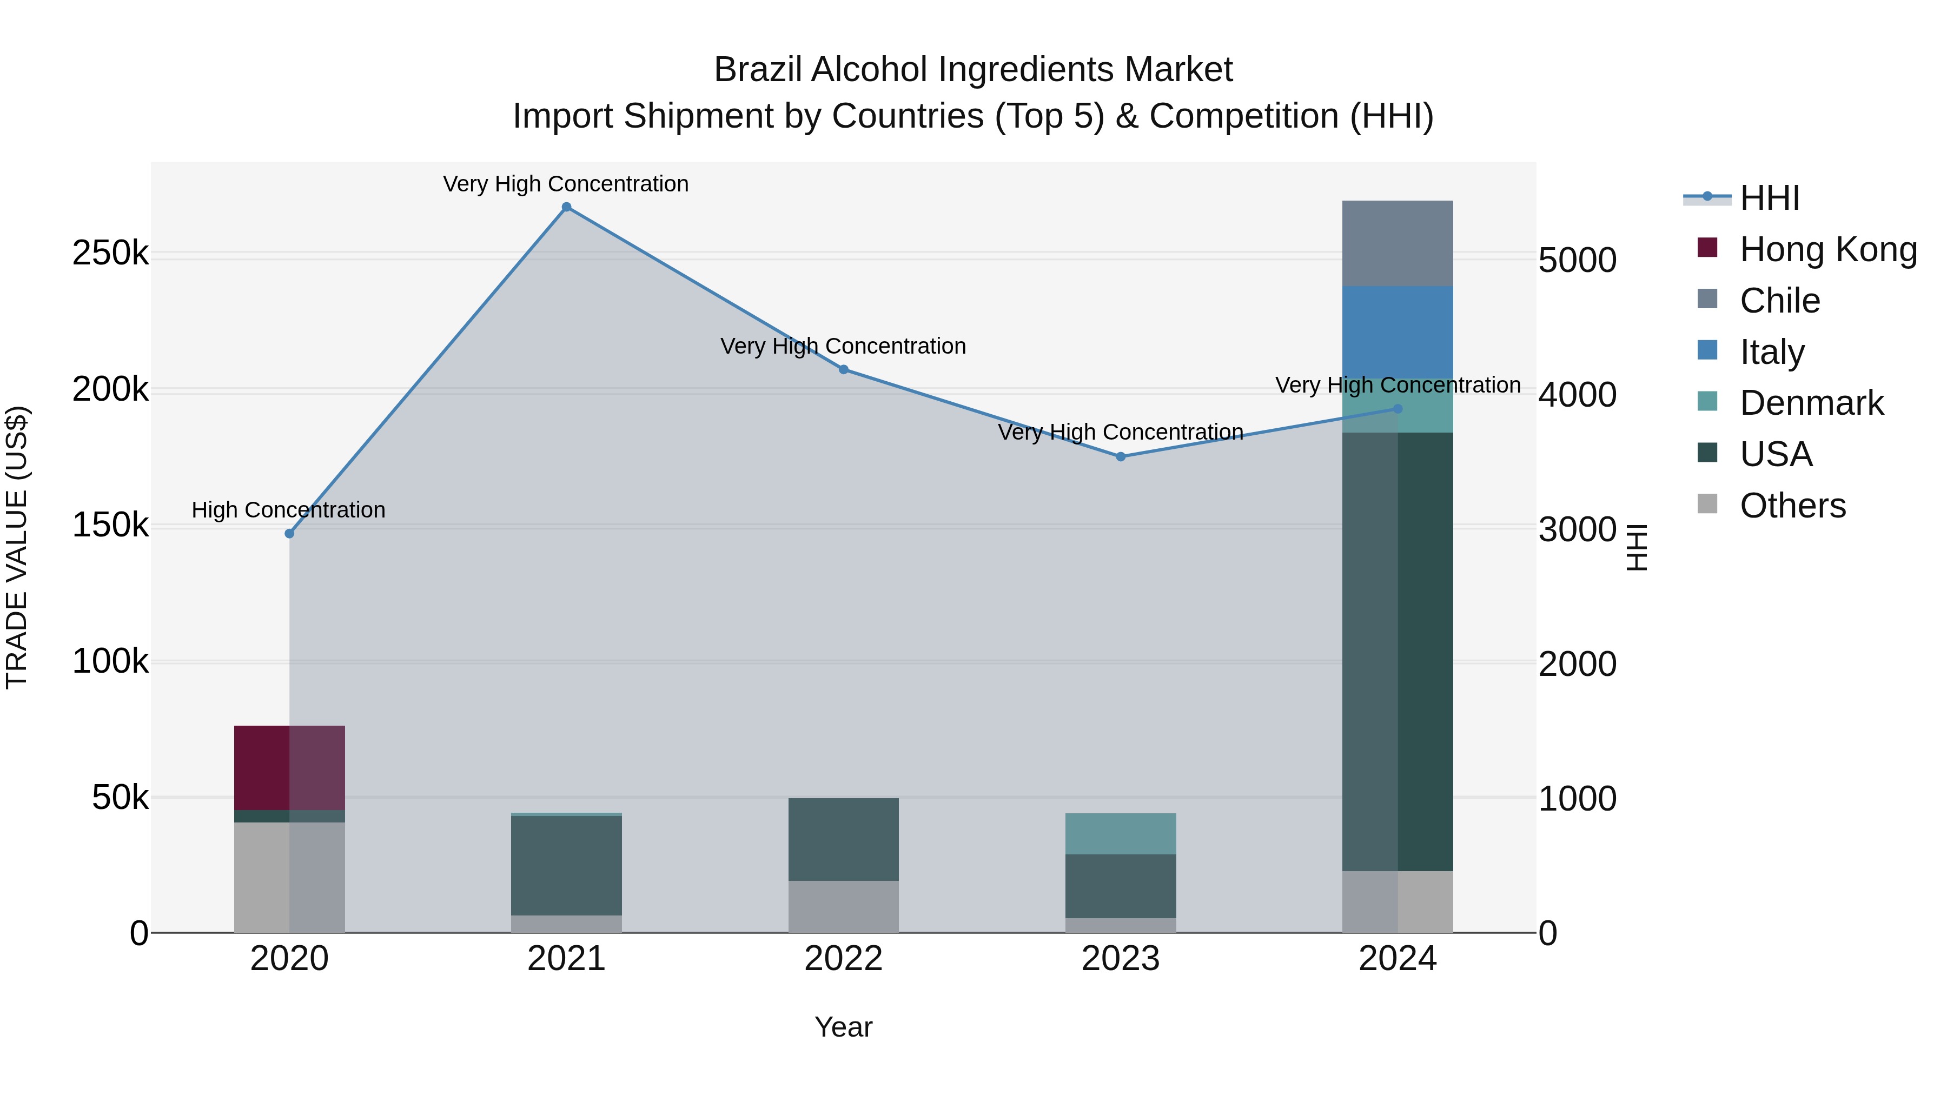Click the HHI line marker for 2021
[566, 207]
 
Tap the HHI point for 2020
[289, 534]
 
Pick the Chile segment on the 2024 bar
[1398, 243]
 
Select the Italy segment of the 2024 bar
[1398, 333]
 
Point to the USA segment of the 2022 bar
[844, 839]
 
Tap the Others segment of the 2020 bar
[289, 877]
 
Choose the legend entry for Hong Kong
[1827, 249]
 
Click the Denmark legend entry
[1811, 403]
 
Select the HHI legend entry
[1769, 198]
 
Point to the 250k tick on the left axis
[110, 253]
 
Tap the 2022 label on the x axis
[844, 959]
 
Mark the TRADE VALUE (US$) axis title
[17, 547]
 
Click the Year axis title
[844, 1027]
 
